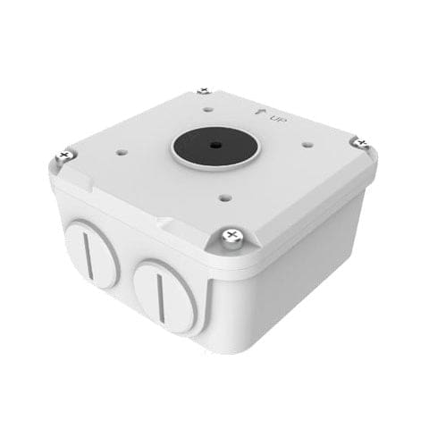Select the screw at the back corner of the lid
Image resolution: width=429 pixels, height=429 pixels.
point(204,91)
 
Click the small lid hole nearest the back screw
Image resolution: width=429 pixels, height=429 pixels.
point(206,112)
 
